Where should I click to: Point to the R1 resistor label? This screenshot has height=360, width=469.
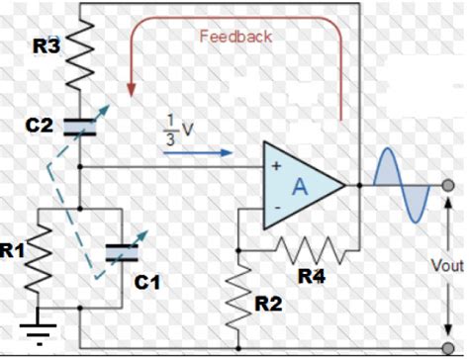[13, 251]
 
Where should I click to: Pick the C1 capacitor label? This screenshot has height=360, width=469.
[146, 283]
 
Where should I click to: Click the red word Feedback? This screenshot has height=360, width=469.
[235, 36]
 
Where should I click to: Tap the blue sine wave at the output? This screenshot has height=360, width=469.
[402, 186]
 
